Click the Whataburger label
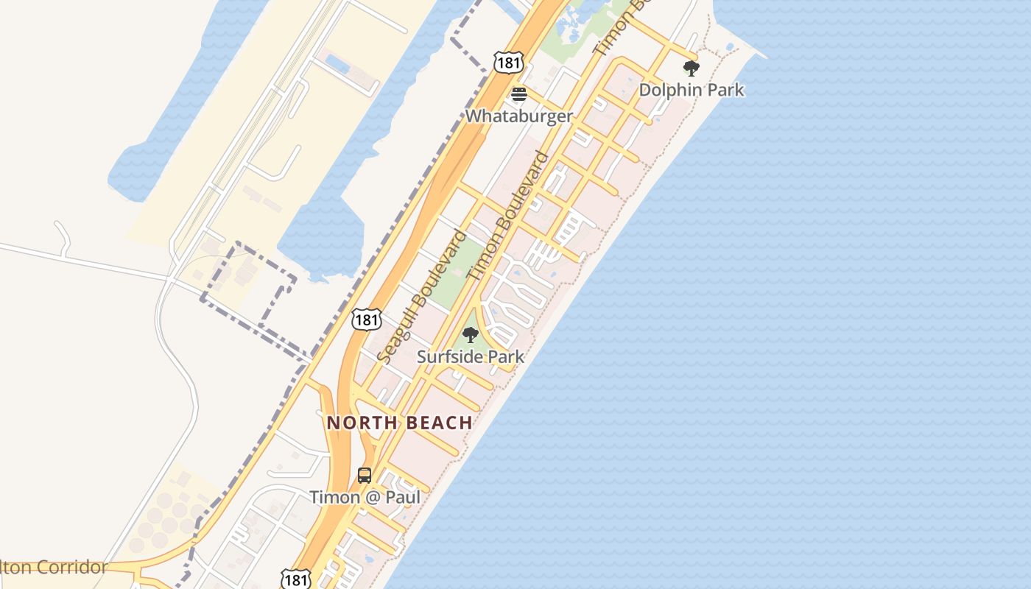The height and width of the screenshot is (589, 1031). point(518,116)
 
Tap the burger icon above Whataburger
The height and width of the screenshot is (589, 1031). point(519,94)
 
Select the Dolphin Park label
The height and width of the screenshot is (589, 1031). point(691,90)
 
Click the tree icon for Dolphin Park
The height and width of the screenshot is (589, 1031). point(691,68)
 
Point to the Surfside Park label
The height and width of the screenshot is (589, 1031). point(471,356)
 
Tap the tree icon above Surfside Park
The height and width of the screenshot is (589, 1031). point(470,336)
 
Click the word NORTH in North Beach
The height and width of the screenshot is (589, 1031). point(358,423)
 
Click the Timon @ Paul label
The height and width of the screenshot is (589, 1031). point(365,497)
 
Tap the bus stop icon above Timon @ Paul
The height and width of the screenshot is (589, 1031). point(365,476)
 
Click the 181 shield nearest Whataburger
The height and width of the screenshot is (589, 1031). point(509,63)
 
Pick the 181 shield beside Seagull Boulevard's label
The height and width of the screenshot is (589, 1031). point(367,319)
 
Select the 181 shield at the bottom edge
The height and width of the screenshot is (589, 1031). point(295,579)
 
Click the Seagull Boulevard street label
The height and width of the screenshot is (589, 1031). point(421,297)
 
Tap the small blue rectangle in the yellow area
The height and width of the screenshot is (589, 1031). point(337,63)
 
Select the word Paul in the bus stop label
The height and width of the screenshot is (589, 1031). point(402,497)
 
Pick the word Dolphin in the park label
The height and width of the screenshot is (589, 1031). point(666,90)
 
